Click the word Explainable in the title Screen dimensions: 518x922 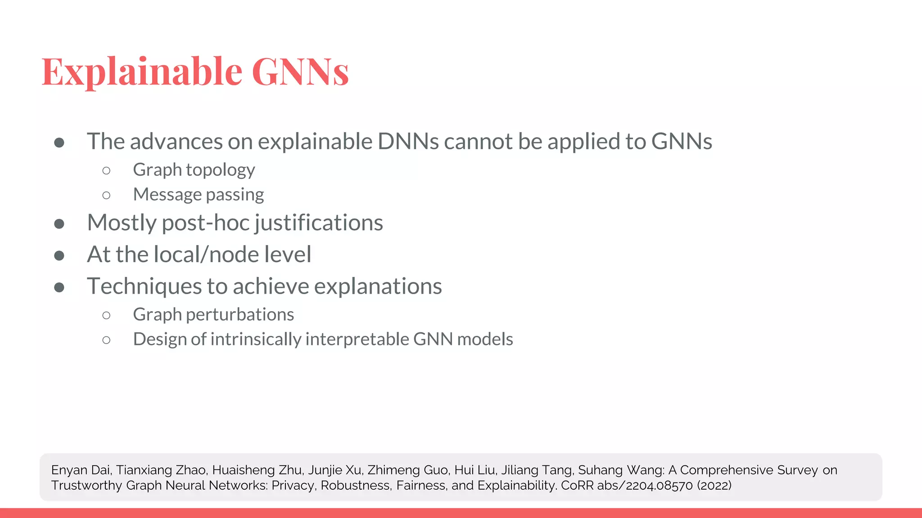pyautogui.click(x=142, y=71)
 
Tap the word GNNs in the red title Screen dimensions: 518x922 pyautogui.click(x=300, y=71)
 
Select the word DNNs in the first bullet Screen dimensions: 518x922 pyautogui.click(x=408, y=141)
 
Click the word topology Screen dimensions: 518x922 pyautogui.click(x=220, y=170)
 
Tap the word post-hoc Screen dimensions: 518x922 pyautogui.click(x=205, y=223)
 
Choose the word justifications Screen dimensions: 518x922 pyautogui.click(x=319, y=223)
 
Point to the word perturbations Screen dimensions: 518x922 pyautogui.click(x=240, y=314)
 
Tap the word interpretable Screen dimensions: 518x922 pyautogui.click(x=357, y=339)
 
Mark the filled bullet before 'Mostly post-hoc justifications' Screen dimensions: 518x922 pyautogui.click(x=59, y=223)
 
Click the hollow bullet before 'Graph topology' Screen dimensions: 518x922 pyautogui.click(x=106, y=170)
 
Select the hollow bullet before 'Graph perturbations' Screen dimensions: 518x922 pyautogui.click(x=106, y=315)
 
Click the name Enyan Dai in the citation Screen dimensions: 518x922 pyautogui.click(x=81, y=470)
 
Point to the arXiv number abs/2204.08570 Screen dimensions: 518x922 pyautogui.click(x=645, y=486)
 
